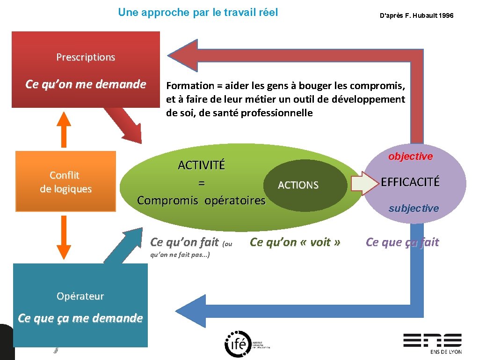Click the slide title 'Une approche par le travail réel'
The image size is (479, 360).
tap(198, 12)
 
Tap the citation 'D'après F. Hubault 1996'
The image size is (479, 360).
tap(416, 16)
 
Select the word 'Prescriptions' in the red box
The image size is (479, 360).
tap(86, 57)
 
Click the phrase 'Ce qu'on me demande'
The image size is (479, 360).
tap(86, 84)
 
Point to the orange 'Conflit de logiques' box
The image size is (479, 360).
tap(65, 181)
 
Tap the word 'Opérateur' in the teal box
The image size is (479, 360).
tap(80, 296)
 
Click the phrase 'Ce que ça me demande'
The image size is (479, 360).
tap(80, 318)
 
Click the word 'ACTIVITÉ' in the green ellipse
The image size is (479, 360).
tap(201, 165)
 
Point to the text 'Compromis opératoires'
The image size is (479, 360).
tap(201, 201)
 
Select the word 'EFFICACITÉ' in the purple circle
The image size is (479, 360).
tap(410, 182)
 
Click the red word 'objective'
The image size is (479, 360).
tap(410, 157)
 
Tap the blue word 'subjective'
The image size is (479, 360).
tap(414, 208)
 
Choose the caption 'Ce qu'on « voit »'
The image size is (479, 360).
tap(295, 242)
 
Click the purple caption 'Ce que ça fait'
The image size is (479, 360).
tap(402, 242)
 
